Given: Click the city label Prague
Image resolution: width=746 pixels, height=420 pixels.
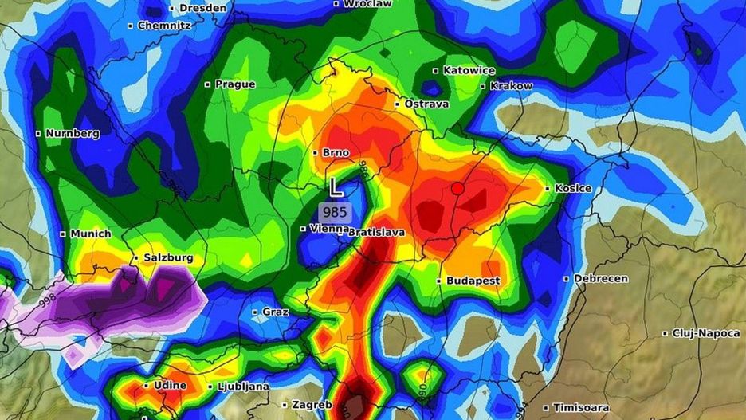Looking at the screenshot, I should tap(234, 84).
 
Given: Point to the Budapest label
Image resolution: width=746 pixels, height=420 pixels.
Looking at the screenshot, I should tap(473, 281).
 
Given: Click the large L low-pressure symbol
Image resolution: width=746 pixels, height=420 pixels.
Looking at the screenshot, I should tap(336, 188).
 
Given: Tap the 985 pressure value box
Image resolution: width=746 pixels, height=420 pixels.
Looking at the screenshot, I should tap(335, 212).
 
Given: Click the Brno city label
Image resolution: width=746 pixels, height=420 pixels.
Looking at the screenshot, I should tap(336, 152).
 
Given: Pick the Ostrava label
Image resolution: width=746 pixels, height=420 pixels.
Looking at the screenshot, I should tap(426, 104).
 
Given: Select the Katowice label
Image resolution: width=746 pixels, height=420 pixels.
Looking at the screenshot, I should tap(469, 70).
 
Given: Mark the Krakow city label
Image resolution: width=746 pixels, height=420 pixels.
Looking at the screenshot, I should tap(511, 86).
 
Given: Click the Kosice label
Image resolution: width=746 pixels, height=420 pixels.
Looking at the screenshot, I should tap(573, 188).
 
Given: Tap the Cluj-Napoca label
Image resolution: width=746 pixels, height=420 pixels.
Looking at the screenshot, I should tap(705, 333).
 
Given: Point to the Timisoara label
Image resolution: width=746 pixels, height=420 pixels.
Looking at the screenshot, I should tap(584, 407).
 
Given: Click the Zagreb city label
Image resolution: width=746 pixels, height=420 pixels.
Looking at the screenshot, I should tap(312, 405).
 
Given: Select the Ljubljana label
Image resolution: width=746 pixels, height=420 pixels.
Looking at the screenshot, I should tap(243, 387).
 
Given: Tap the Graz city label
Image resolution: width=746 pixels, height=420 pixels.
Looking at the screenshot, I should tap(275, 312).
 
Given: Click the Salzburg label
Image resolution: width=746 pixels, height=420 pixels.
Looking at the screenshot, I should tap(167, 258).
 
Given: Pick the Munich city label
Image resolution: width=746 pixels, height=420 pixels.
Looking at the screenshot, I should tap(91, 234).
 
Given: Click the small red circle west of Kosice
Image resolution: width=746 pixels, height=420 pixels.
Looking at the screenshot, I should tap(457, 189).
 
